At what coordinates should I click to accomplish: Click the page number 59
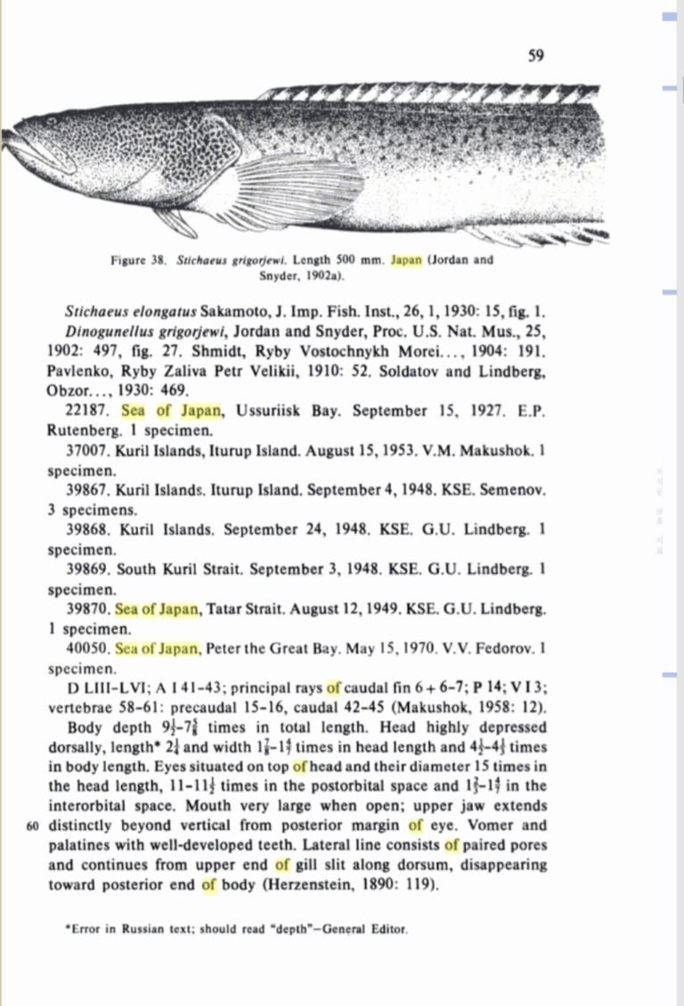(536, 57)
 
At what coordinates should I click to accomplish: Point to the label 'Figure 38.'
(140, 261)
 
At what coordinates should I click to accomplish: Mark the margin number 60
(34, 825)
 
